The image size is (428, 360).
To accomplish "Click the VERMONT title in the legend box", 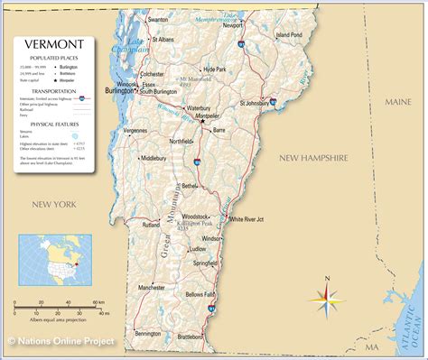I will (x=50, y=43).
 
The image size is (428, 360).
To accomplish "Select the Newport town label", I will (x=234, y=25).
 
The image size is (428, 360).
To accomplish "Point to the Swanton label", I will (x=157, y=19).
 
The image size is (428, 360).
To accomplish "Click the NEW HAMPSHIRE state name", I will (x=312, y=158).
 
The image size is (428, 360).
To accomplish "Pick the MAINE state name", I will (x=397, y=103).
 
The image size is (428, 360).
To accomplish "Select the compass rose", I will (x=328, y=298).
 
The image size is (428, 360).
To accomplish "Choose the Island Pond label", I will (x=289, y=34).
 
